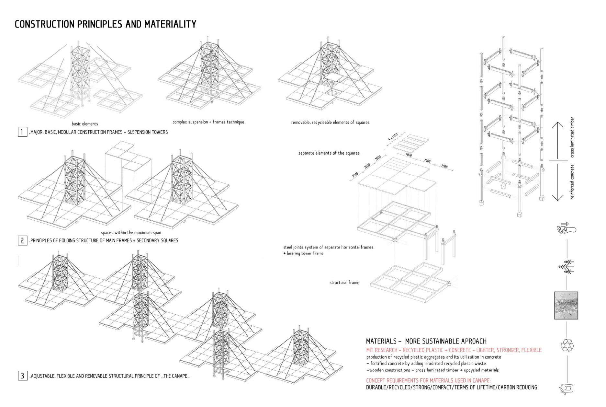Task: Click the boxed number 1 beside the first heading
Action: [22, 132]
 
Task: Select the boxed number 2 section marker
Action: [22, 240]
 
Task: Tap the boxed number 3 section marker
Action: [22, 376]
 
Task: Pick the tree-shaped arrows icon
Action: [566, 267]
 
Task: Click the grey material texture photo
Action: [566, 306]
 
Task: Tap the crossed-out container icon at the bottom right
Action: [566, 388]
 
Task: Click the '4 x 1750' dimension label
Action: [393, 137]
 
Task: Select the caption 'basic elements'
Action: [85, 124]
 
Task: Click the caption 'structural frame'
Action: [344, 283]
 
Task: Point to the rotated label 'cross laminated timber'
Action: [572, 137]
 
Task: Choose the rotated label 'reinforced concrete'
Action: [572, 182]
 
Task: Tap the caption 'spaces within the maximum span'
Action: [131, 233]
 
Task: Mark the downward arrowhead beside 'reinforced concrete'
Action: [557, 198]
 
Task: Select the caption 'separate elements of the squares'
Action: [329, 153]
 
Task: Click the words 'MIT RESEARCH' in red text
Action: [382, 350]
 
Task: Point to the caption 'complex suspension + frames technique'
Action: [208, 122]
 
